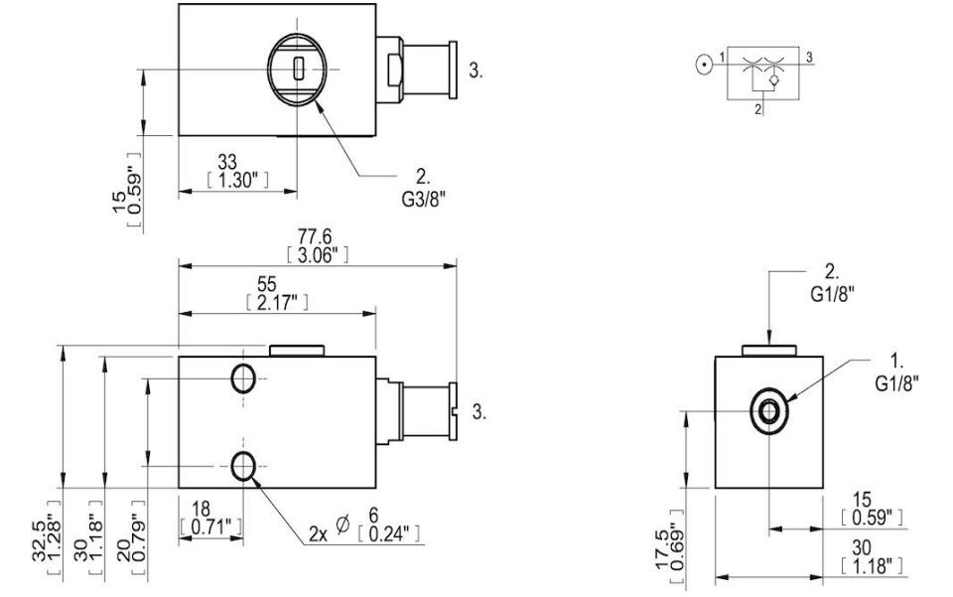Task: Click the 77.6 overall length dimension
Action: pyautogui.click(x=315, y=235)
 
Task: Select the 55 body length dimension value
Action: pyautogui.click(x=267, y=284)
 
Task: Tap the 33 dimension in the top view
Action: pyautogui.click(x=227, y=162)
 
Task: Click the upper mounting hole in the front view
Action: pyautogui.click(x=243, y=378)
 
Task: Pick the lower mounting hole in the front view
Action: pyautogui.click(x=243, y=466)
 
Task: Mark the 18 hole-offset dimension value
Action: pyautogui.click(x=202, y=509)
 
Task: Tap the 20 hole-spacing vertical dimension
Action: pyautogui.click(x=123, y=549)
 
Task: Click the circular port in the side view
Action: pyautogui.click(x=768, y=411)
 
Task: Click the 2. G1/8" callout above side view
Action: pyautogui.click(x=833, y=283)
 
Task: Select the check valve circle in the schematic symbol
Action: pyautogui.click(x=773, y=80)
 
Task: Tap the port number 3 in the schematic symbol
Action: pyautogui.click(x=810, y=58)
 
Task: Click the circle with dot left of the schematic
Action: pyautogui.click(x=705, y=65)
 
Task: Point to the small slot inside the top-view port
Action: pyautogui.click(x=297, y=69)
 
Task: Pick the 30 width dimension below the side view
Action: pyautogui.click(x=862, y=547)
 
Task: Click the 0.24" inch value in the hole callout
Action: pyautogui.click(x=389, y=533)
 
